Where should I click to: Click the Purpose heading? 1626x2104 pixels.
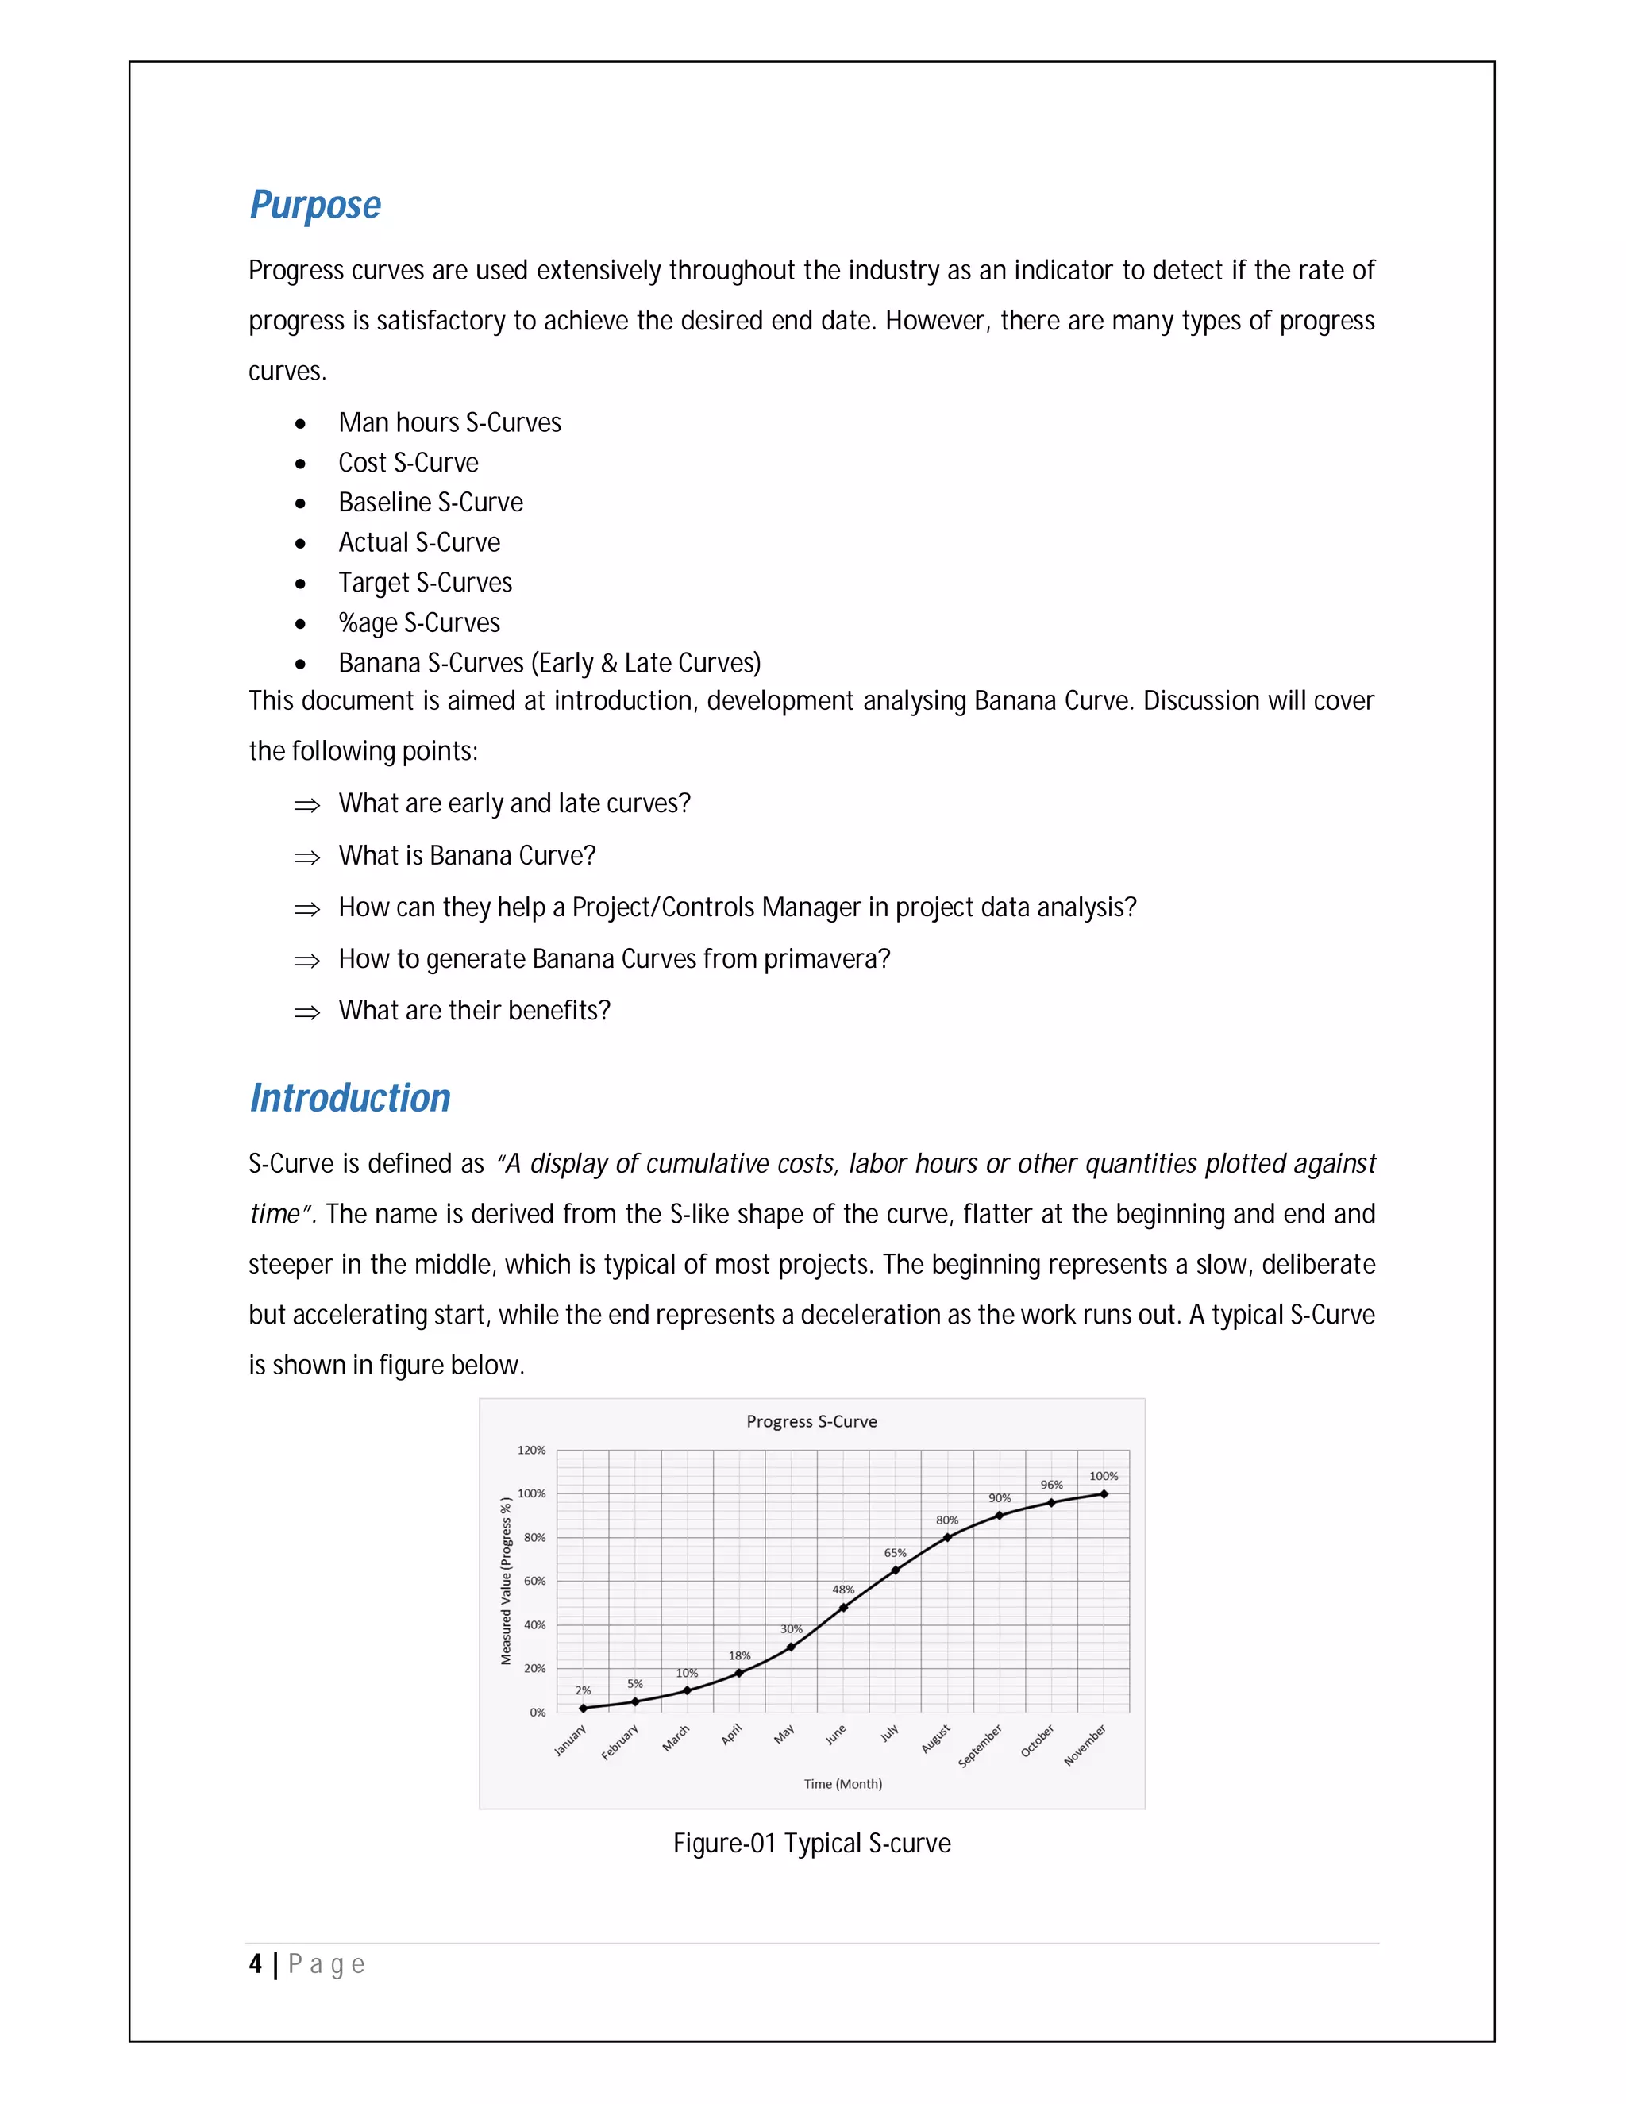tap(315, 205)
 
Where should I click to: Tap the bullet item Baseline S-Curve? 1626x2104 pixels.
tap(430, 503)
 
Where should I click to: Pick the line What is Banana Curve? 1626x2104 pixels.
tap(467, 855)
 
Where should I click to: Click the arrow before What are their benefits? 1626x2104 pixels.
tap(306, 1012)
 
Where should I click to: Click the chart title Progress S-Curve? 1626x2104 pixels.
tap(811, 1421)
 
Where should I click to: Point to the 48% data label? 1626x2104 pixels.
tap(843, 1590)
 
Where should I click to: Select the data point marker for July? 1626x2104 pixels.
tap(895, 1570)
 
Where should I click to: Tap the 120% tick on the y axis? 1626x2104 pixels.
tap(532, 1450)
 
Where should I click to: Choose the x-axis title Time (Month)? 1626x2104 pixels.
tap(843, 1784)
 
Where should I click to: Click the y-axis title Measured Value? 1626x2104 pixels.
tap(506, 1581)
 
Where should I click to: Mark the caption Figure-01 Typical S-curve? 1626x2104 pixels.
tap(811, 1844)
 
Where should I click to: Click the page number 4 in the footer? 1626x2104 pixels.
tap(256, 1964)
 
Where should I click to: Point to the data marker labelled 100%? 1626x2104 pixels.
tap(1104, 1494)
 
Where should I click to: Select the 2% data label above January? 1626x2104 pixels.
tap(583, 1690)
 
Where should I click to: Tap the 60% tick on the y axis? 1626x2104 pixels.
tap(534, 1581)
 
